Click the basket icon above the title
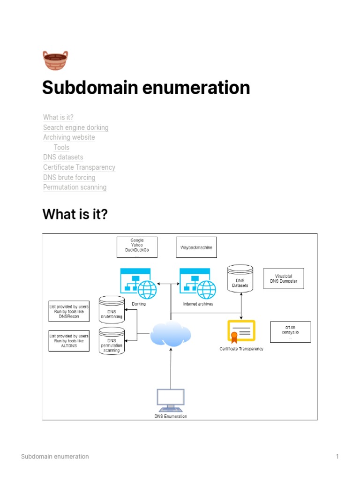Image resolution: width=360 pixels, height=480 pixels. click(x=55, y=60)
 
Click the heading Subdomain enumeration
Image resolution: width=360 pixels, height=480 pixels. click(x=146, y=88)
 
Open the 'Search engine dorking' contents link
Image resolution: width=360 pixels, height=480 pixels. click(x=75, y=127)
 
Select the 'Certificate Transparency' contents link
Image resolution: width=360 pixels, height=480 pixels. click(x=79, y=167)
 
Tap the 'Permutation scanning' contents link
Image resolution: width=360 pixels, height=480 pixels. click(x=75, y=187)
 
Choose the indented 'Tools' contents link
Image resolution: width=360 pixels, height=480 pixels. click(x=61, y=147)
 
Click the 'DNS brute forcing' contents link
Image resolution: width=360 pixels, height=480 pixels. click(x=69, y=178)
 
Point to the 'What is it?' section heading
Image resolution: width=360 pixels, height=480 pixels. click(x=75, y=215)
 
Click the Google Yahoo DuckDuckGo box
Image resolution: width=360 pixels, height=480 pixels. click(x=137, y=247)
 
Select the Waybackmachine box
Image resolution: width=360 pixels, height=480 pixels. click(x=196, y=247)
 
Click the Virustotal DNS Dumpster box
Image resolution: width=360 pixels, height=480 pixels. click(x=284, y=279)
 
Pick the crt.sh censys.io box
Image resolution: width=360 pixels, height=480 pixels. click(x=290, y=332)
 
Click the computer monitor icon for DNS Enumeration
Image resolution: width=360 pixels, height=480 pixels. click(x=171, y=399)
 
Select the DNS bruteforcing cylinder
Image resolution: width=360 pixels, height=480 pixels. click(x=112, y=309)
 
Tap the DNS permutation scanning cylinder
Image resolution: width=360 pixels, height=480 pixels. click(x=112, y=340)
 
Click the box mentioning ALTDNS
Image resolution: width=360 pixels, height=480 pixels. click(x=69, y=341)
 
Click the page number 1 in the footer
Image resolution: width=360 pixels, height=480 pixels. click(x=337, y=457)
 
